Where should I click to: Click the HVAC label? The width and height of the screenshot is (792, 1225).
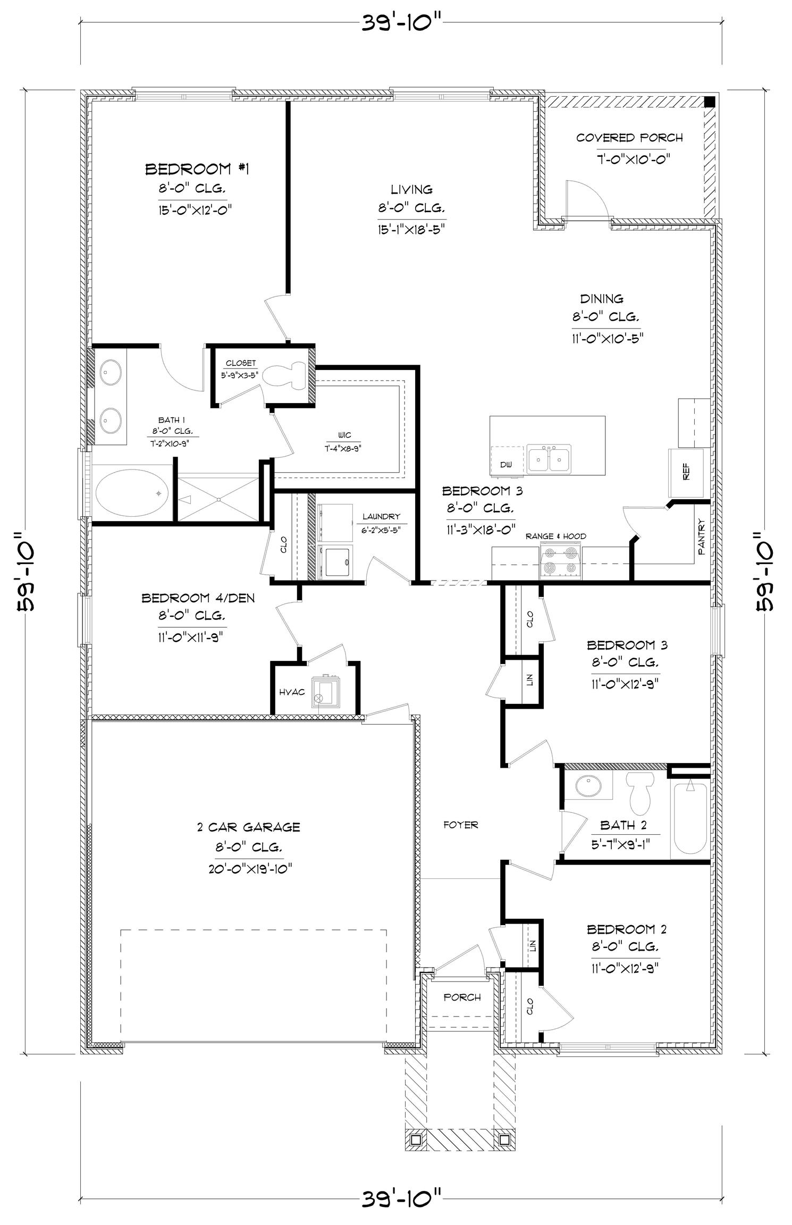(292, 692)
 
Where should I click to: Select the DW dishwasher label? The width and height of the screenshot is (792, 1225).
(506, 465)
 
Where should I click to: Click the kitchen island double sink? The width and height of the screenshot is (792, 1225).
(550, 459)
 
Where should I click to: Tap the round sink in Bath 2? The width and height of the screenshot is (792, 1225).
(588, 786)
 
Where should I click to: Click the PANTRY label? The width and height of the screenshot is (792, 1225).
(701, 538)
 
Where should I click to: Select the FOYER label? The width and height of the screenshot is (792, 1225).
(461, 825)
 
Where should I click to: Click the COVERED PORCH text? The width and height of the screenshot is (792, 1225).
(629, 138)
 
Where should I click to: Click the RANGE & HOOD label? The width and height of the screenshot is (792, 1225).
(556, 536)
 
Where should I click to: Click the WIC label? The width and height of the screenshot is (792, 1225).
(344, 435)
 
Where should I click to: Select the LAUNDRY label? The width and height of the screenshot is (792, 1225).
(381, 516)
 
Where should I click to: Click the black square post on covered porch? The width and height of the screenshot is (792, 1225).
(710, 102)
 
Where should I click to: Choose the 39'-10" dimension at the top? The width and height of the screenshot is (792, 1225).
(402, 23)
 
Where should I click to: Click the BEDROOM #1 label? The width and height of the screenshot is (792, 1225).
(197, 169)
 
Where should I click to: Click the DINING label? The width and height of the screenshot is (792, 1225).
(602, 299)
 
